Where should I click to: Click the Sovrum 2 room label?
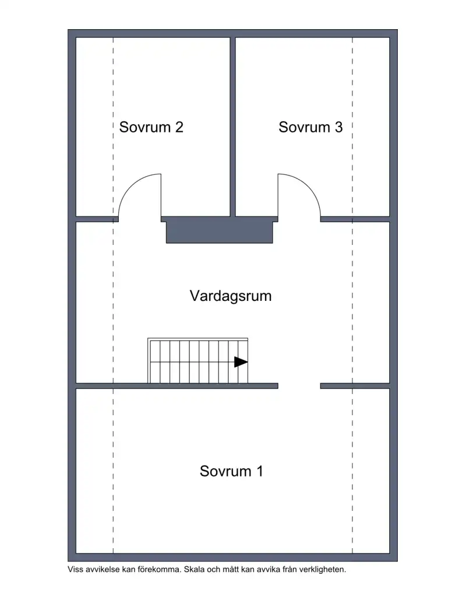click(151, 127)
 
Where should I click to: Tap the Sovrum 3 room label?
click(310, 127)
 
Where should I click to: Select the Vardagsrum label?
click(231, 296)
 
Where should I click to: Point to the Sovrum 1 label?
click(231, 471)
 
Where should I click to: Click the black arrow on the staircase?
click(241, 362)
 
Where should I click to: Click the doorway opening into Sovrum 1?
click(299, 385)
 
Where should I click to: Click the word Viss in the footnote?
click(76, 570)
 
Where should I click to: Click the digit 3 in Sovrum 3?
click(338, 127)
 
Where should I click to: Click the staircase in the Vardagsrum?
click(197, 362)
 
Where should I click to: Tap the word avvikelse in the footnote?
click(103, 570)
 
